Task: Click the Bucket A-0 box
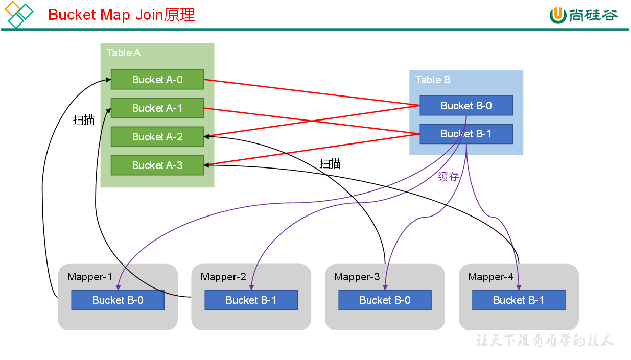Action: [157, 80]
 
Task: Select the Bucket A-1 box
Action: [157, 108]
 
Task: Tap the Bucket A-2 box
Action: [157, 137]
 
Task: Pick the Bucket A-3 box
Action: [157, 165]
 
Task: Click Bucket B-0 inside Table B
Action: [466, 106]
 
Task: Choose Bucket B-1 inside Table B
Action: [466, 134]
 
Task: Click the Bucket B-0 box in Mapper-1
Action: [118, 300]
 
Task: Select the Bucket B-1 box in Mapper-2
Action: [251, 300]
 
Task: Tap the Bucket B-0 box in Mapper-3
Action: [385, 300]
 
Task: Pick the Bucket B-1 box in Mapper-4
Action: [519, 300]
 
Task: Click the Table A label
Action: [124, 53]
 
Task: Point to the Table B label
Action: [433, 80]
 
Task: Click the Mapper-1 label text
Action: [89, 277]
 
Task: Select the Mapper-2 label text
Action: [223, 277]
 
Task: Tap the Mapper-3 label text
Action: [357, 277]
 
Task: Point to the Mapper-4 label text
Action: [490, 277]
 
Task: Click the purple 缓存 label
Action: [448, 177]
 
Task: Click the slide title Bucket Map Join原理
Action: [122, 15]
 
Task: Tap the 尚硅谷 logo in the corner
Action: [584, 15]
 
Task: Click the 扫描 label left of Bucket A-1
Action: [84, 120]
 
